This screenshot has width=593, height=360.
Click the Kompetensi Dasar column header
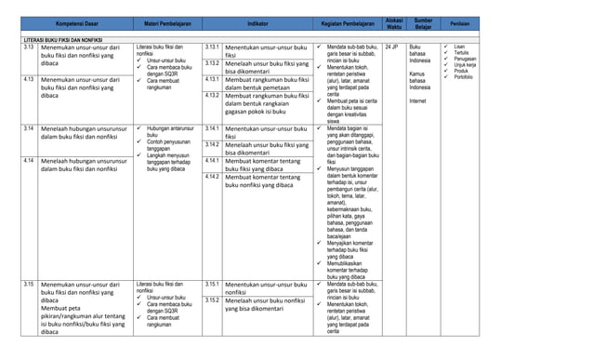[78, 23]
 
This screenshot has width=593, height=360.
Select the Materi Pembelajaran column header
[167, 23]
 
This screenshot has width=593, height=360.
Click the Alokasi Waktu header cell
[393, 23]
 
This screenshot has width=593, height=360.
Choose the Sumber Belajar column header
[423, 23]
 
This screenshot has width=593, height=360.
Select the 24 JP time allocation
[391, 47]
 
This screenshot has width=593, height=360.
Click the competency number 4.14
[31, 161]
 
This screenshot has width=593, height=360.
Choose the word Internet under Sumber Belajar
[417, 100]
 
